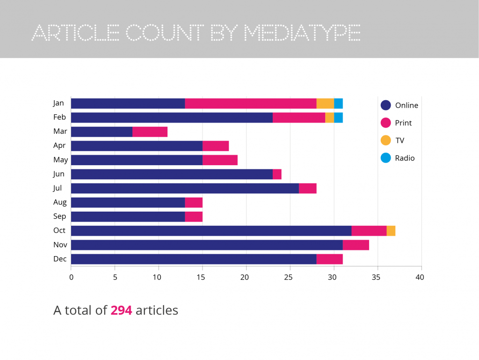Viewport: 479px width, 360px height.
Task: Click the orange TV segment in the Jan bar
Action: click(325, 103)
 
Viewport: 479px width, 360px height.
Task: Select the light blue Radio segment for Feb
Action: click(338, 118)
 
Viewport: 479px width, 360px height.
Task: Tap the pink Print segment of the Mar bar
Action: click(150, 132)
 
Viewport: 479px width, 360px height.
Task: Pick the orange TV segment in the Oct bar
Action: click(391, 231)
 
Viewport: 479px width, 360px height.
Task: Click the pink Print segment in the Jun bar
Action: click(277, 174)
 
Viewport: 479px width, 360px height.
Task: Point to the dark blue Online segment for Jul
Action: click(185, 188)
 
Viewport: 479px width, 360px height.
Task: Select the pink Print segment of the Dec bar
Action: click(329, 259)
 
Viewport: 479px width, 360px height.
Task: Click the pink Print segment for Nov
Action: click(356, 245)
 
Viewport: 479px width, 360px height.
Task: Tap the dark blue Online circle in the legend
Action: click(386, 105)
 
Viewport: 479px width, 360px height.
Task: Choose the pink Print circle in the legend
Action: click(386, 123)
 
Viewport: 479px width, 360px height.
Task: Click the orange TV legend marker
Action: click(386, 140)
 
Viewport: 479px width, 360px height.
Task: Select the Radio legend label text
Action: click(405, 158)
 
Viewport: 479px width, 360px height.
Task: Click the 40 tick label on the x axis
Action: click(420, 277)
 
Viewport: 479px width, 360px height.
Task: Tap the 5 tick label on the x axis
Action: click(115, 277)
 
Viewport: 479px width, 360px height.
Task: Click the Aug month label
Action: click(60, 202)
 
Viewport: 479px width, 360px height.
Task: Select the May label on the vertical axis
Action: click(60, 160)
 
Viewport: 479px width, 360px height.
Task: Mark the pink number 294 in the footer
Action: click(121, 310)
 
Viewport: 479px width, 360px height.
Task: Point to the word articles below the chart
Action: click(157, 310)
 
